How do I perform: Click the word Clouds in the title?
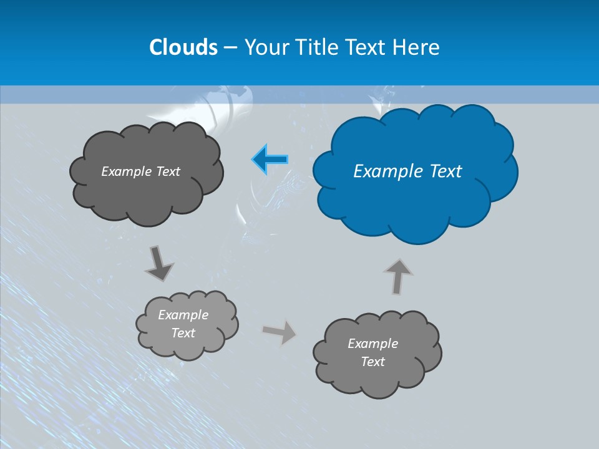click(183, 47)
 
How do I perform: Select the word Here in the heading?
click(417, 47)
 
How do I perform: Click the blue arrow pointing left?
click(270, 160)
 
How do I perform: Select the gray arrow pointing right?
click(280, 332)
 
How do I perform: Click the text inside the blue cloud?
click(407, 171)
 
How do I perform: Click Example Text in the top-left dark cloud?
click(140, 171)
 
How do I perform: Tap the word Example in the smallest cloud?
click(183, 315)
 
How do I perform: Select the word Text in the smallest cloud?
click(183, 333)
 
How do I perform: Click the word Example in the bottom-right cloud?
click(373, 344)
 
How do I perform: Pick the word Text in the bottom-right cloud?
click(373, 362)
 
